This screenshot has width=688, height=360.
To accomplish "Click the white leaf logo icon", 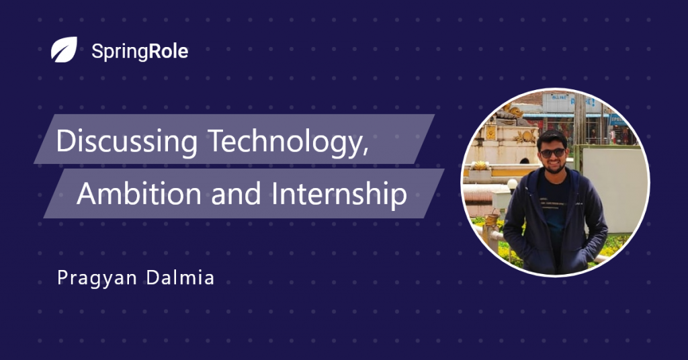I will (x=64, y=50).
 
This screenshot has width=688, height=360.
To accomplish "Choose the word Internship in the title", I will (x=339, y=195).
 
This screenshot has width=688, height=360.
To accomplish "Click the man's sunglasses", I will (x=552, y=153).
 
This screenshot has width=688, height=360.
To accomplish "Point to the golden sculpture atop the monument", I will (x=513, y=109).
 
